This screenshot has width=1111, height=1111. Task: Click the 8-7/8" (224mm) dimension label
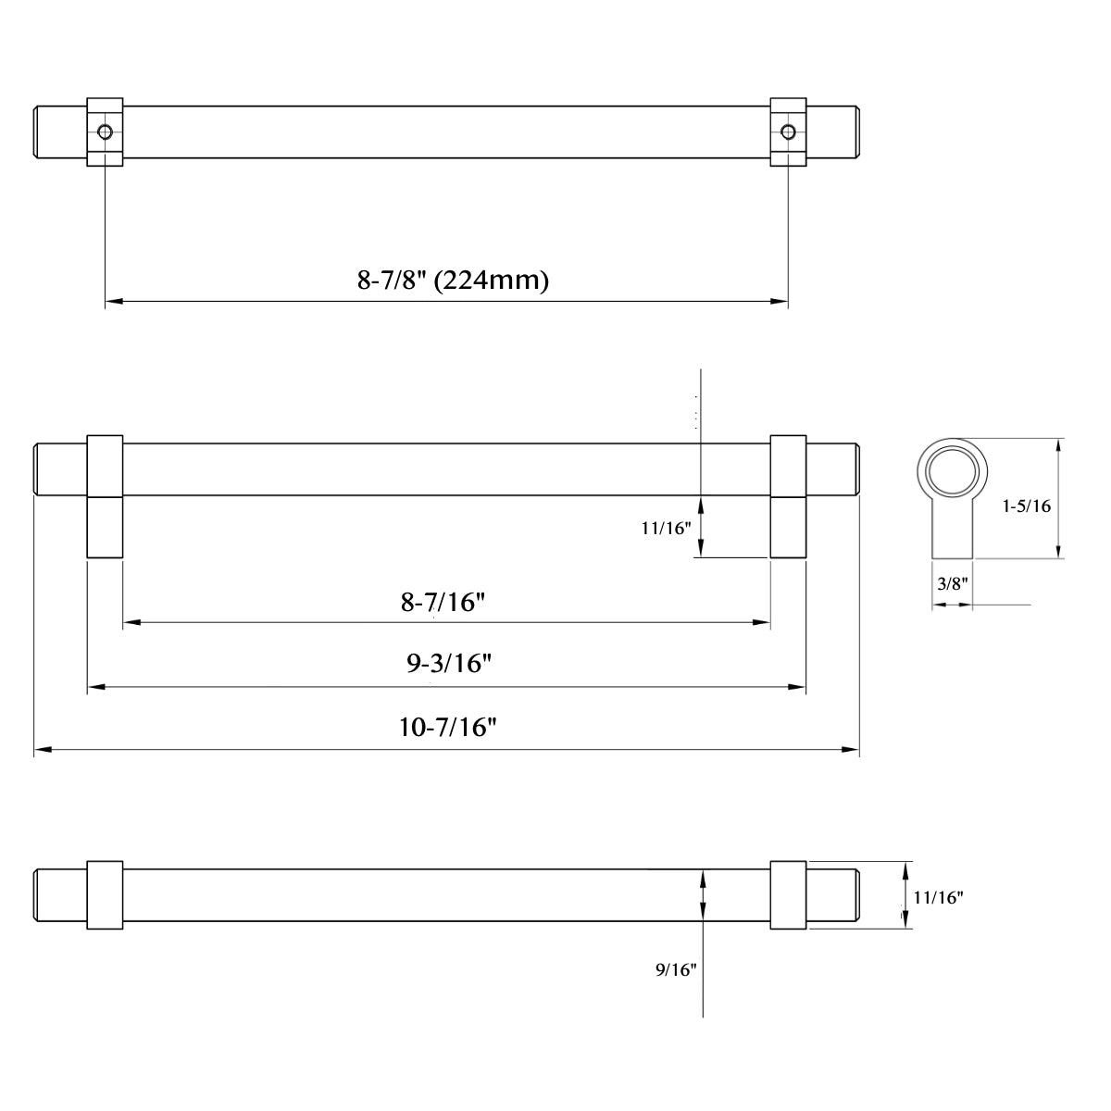click(453, 280)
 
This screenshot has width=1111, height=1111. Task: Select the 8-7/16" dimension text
click(443, 603)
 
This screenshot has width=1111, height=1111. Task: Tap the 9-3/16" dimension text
click(448, 664)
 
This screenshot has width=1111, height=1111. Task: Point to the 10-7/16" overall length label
click(448, 728)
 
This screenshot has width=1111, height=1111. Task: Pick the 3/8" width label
click(952, 583)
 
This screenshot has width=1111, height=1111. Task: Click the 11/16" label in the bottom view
click(938, 897)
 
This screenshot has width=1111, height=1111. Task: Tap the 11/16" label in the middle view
click(666, 529)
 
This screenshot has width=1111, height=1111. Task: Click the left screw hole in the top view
click(106, 132)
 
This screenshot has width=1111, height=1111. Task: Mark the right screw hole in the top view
click(788, 132)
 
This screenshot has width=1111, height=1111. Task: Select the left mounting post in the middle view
click(105, 527)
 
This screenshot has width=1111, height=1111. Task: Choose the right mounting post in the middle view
click(788, 527)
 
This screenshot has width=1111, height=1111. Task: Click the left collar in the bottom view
click(105, 895)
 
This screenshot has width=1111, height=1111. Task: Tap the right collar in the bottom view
click(788, 895)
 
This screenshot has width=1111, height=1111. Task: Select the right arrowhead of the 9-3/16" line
click(797, 687)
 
